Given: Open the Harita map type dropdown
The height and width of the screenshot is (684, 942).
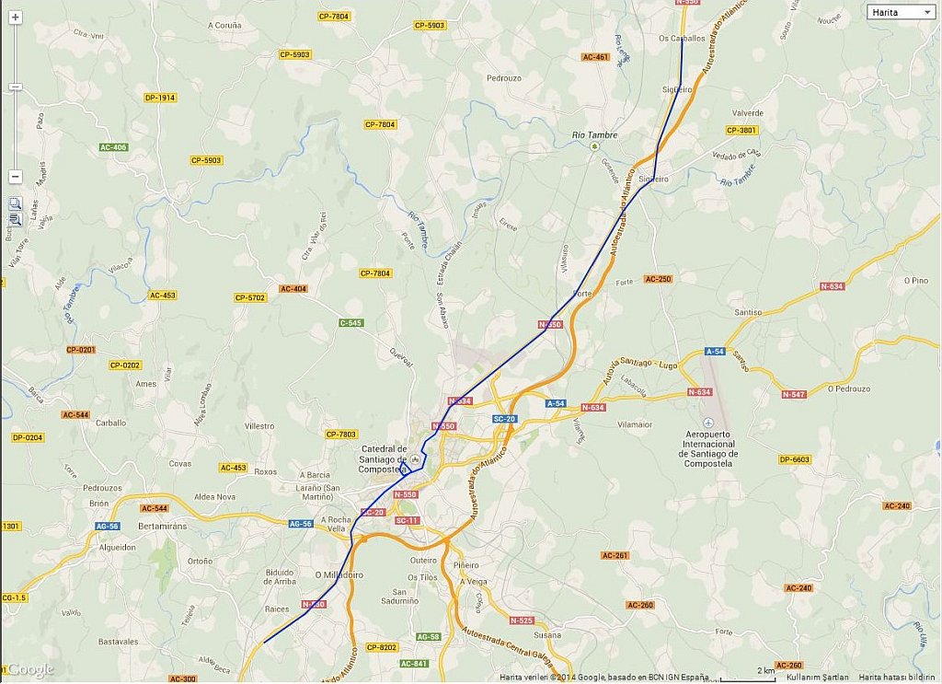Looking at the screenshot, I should click(x=901, y=12).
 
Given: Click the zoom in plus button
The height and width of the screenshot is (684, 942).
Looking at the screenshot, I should click(x=15, y=17).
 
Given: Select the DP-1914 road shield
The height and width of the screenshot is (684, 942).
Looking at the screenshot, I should click(x=159, y=98).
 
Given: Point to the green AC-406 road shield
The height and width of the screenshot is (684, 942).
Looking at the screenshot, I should click(x=113, y=147).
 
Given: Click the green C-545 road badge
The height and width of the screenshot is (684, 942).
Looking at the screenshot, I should click(x=350, y=323).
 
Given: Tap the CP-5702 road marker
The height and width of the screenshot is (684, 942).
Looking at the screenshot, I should click(x=249, y=297).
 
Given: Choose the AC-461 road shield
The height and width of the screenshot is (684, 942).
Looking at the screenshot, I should click(x=595, y=57).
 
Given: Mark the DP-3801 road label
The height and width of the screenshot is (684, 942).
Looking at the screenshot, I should click(x=741, y=130).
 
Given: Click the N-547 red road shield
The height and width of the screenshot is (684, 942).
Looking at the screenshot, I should click(x=794, y=394).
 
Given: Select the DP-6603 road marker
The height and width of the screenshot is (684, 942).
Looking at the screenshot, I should click(x=794, y=459).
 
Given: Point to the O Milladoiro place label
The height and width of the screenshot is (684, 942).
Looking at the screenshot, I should click(x=339, y=574).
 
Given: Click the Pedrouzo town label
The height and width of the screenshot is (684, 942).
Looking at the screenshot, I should click(x=503, y=78).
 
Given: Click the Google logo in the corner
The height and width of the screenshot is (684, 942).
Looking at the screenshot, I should click(x=30, y=669).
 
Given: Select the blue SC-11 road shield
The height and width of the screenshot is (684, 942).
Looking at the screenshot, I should click(x=407, y=520).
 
